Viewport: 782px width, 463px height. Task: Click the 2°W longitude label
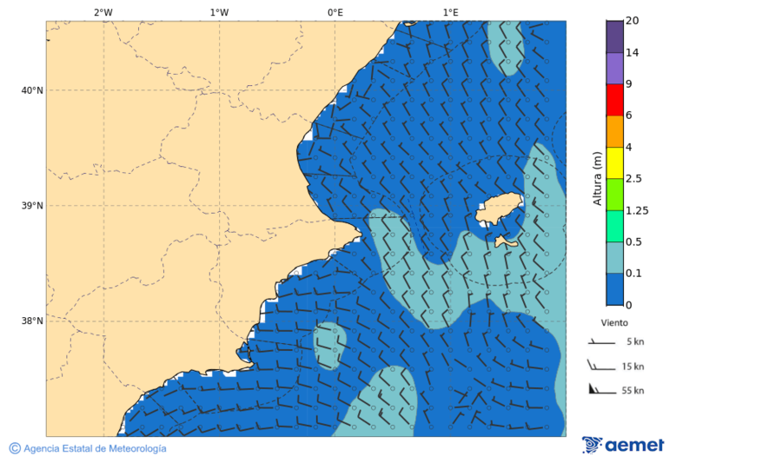[x=103, y=12]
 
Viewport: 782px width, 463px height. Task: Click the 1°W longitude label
[x=219, y=12]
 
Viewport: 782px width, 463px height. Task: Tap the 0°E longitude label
[x=335, y=12]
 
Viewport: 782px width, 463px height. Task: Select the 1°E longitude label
[x=450, y=12]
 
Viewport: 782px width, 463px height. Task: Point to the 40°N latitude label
[x=32, y=90]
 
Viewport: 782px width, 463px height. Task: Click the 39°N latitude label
[x=32, y=206]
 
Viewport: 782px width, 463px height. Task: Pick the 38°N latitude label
[x=32, y=321]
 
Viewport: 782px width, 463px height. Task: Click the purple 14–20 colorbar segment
[x=614, y=36]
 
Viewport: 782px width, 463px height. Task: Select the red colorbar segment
[x=614, y=100]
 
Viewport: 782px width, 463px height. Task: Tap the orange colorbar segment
[x=614, y=131]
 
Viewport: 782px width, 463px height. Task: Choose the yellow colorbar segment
[x=614, y=162]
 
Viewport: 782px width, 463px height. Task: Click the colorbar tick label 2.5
[x=633, y=179]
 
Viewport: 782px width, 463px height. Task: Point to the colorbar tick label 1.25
[x=637, y=210]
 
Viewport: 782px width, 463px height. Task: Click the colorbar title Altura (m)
[x=597, y=178]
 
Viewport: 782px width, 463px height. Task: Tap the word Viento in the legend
[x=614, y=322]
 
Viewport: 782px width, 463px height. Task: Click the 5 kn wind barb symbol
[x=601, y=343]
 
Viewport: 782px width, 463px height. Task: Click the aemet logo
[x=623, y=445]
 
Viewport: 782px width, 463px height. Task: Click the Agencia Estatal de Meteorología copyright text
[x=88, y=449]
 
